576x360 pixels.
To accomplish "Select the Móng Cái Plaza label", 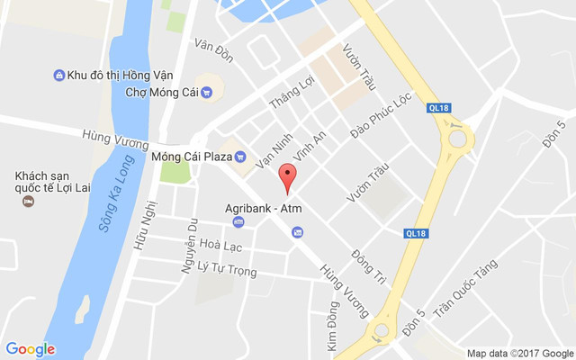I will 192,156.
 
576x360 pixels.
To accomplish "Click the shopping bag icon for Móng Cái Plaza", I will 240,156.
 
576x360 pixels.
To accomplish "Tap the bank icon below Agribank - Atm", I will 238,221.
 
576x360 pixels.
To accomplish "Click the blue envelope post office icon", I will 297,232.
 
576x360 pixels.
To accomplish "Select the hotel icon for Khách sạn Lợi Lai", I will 28,200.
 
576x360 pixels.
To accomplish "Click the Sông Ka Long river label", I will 112,204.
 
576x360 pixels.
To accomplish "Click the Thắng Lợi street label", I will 287,94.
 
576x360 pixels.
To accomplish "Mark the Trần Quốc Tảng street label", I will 464,289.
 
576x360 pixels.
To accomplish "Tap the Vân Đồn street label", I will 213,51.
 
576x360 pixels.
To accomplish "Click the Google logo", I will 31,349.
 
